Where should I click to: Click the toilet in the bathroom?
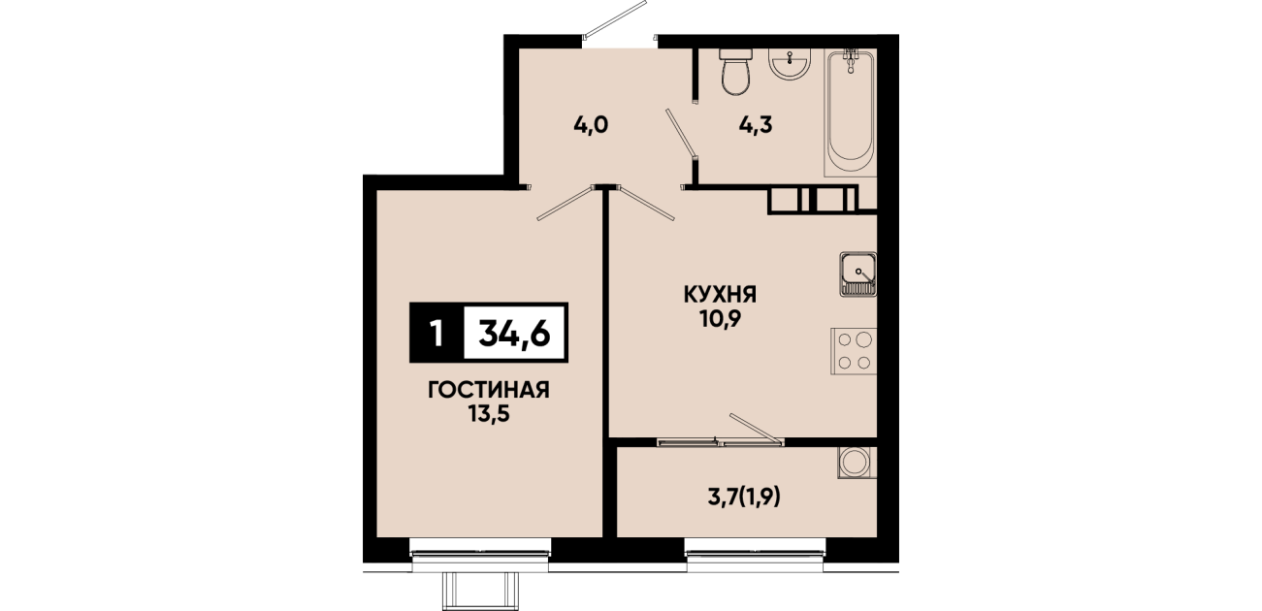point(736,72)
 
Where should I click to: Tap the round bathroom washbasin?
point(790,63)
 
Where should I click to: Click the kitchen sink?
point(858,274)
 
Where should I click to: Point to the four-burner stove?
point(854,351)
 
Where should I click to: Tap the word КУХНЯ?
point(720,295)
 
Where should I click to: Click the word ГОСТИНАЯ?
point(489,390)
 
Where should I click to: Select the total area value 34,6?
point(514,333)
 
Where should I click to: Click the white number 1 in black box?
point(437,334)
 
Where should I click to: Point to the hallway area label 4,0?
point(591,124)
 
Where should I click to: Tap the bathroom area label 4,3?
point(756,124)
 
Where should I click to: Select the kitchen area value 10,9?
point(720,319)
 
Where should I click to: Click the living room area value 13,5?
point(489,414)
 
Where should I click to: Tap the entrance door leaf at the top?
point(615,19)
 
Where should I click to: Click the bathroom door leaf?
point(682,133)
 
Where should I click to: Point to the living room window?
point(480,554)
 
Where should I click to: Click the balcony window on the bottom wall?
point(756,554)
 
